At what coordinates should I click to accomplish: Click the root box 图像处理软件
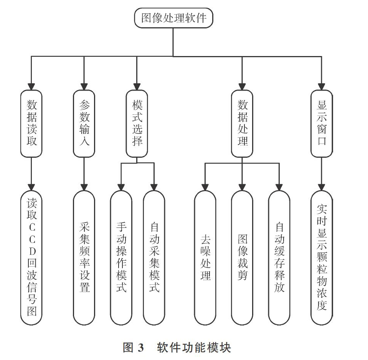tap(173, 18)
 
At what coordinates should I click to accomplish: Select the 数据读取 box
tap(31, 124)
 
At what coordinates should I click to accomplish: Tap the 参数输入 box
tap(84, 124)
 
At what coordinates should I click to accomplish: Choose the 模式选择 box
tap(137, 124)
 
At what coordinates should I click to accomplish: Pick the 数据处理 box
tap(242, 124)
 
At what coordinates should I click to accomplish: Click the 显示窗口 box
tap(322, 124)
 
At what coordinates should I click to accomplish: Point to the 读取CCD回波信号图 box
tap(31, 258)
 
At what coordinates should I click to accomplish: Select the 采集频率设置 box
tap(84, 258)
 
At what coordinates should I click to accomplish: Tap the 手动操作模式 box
tap(121, 258)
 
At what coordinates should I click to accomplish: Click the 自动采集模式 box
tap(154, 258)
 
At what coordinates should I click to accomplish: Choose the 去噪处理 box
tap(205, 258)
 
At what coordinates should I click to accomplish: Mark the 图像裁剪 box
tap(242, 258)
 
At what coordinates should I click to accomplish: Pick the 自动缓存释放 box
tap(279, 258)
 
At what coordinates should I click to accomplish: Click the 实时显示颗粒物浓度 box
tap(322, 258)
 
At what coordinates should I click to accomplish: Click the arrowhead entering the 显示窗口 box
tap(322, 87)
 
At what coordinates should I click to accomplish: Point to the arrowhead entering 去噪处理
tap(205, 187)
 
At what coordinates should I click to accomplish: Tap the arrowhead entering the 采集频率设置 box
tap(84, 187)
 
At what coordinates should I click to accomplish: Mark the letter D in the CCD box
tap(32, 251)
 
